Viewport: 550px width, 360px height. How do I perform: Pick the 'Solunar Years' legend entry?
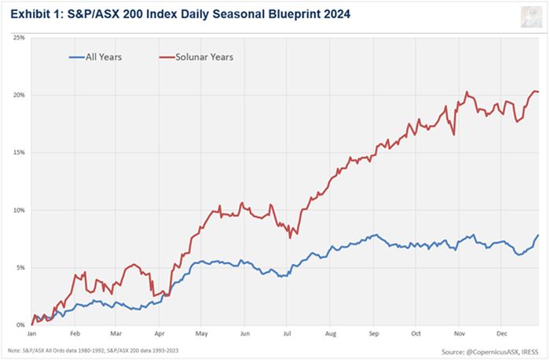[200, 57]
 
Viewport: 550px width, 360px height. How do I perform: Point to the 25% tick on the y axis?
[19, 37]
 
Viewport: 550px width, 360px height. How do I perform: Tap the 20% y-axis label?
[19, 95]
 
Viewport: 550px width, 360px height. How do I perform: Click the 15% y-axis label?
[19, 152]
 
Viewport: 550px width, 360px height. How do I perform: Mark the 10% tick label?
[19, 210]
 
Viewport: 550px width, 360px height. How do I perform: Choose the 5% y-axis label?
[20, 267]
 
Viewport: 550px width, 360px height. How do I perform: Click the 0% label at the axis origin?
[20, 325]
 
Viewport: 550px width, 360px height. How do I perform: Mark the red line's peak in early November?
[467, 92]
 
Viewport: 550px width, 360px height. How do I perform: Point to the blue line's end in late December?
[538, 235]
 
